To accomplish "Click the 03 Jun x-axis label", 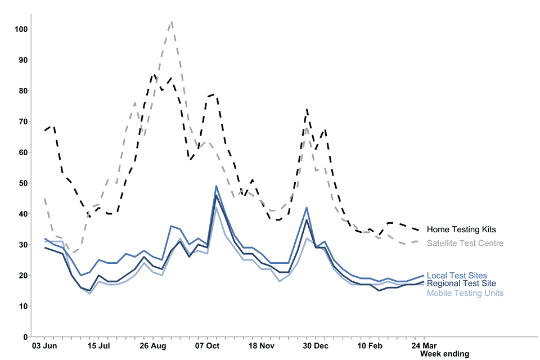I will coord(45,345).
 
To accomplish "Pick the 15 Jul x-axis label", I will coord(99,345).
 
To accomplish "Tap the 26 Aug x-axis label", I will coord(153,345).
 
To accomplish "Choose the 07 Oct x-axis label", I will coord(207,345).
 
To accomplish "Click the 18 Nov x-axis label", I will coord(261,345).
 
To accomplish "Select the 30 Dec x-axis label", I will coord(315,345).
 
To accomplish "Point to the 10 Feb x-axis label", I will coord(369,345).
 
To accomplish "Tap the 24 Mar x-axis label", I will coord(423,345).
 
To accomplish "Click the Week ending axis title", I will coord(444,354).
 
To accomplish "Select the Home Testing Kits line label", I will coord(461,229).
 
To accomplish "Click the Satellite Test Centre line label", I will coord(465,244).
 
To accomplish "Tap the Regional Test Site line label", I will coord(461,284).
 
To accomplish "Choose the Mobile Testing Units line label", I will coord(465,293).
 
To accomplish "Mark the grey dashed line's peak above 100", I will coord(171,22).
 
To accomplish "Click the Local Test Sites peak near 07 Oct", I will coord(216,186).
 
